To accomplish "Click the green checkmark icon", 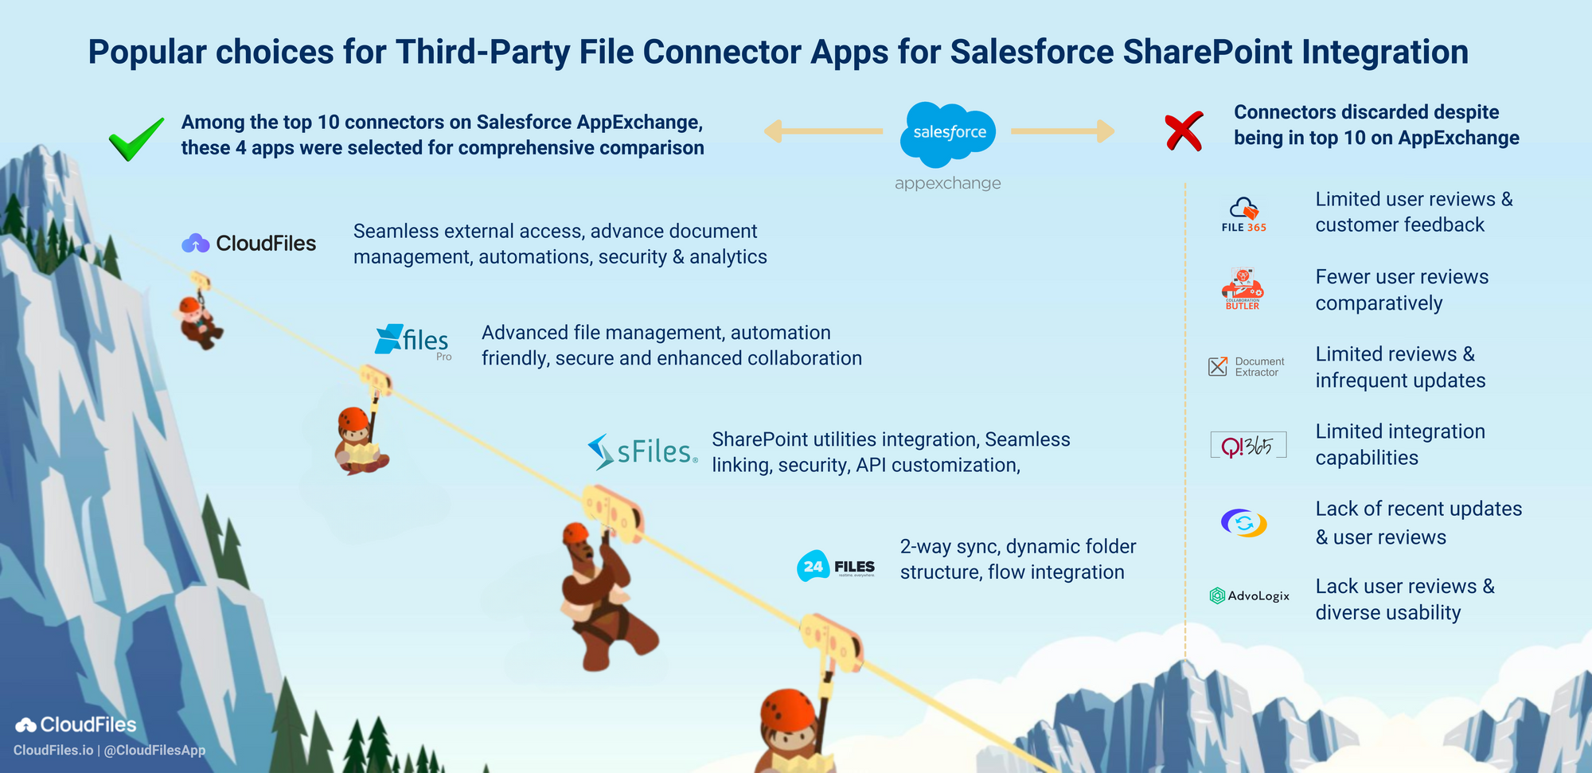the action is click(136, 139).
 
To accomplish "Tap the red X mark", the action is click(1184, 132).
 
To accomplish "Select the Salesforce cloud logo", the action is click(948, 134).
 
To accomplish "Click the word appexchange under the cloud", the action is click(947, 183).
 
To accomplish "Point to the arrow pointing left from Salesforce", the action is click(823, 131).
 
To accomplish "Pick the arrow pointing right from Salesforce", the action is click(1063, 131).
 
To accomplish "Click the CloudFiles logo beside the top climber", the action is click(249, 243).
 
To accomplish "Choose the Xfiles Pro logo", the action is click(413, 342).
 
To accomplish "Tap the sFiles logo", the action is click(642, 451).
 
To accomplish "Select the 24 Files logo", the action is click(836, 566).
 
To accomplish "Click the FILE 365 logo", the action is click(1244, 214).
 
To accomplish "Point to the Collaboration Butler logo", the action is click(1243, 289).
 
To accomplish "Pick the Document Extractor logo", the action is click(1246, 366).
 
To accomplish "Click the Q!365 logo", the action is click(1247, 446).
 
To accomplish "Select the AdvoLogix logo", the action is click(1249, 595).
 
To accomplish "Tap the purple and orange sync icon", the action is click(1243, 523).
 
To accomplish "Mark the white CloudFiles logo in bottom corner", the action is click(76, 724).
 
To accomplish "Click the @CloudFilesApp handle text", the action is click(154, 750).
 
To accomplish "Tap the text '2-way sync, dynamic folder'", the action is click(1018, 547).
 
